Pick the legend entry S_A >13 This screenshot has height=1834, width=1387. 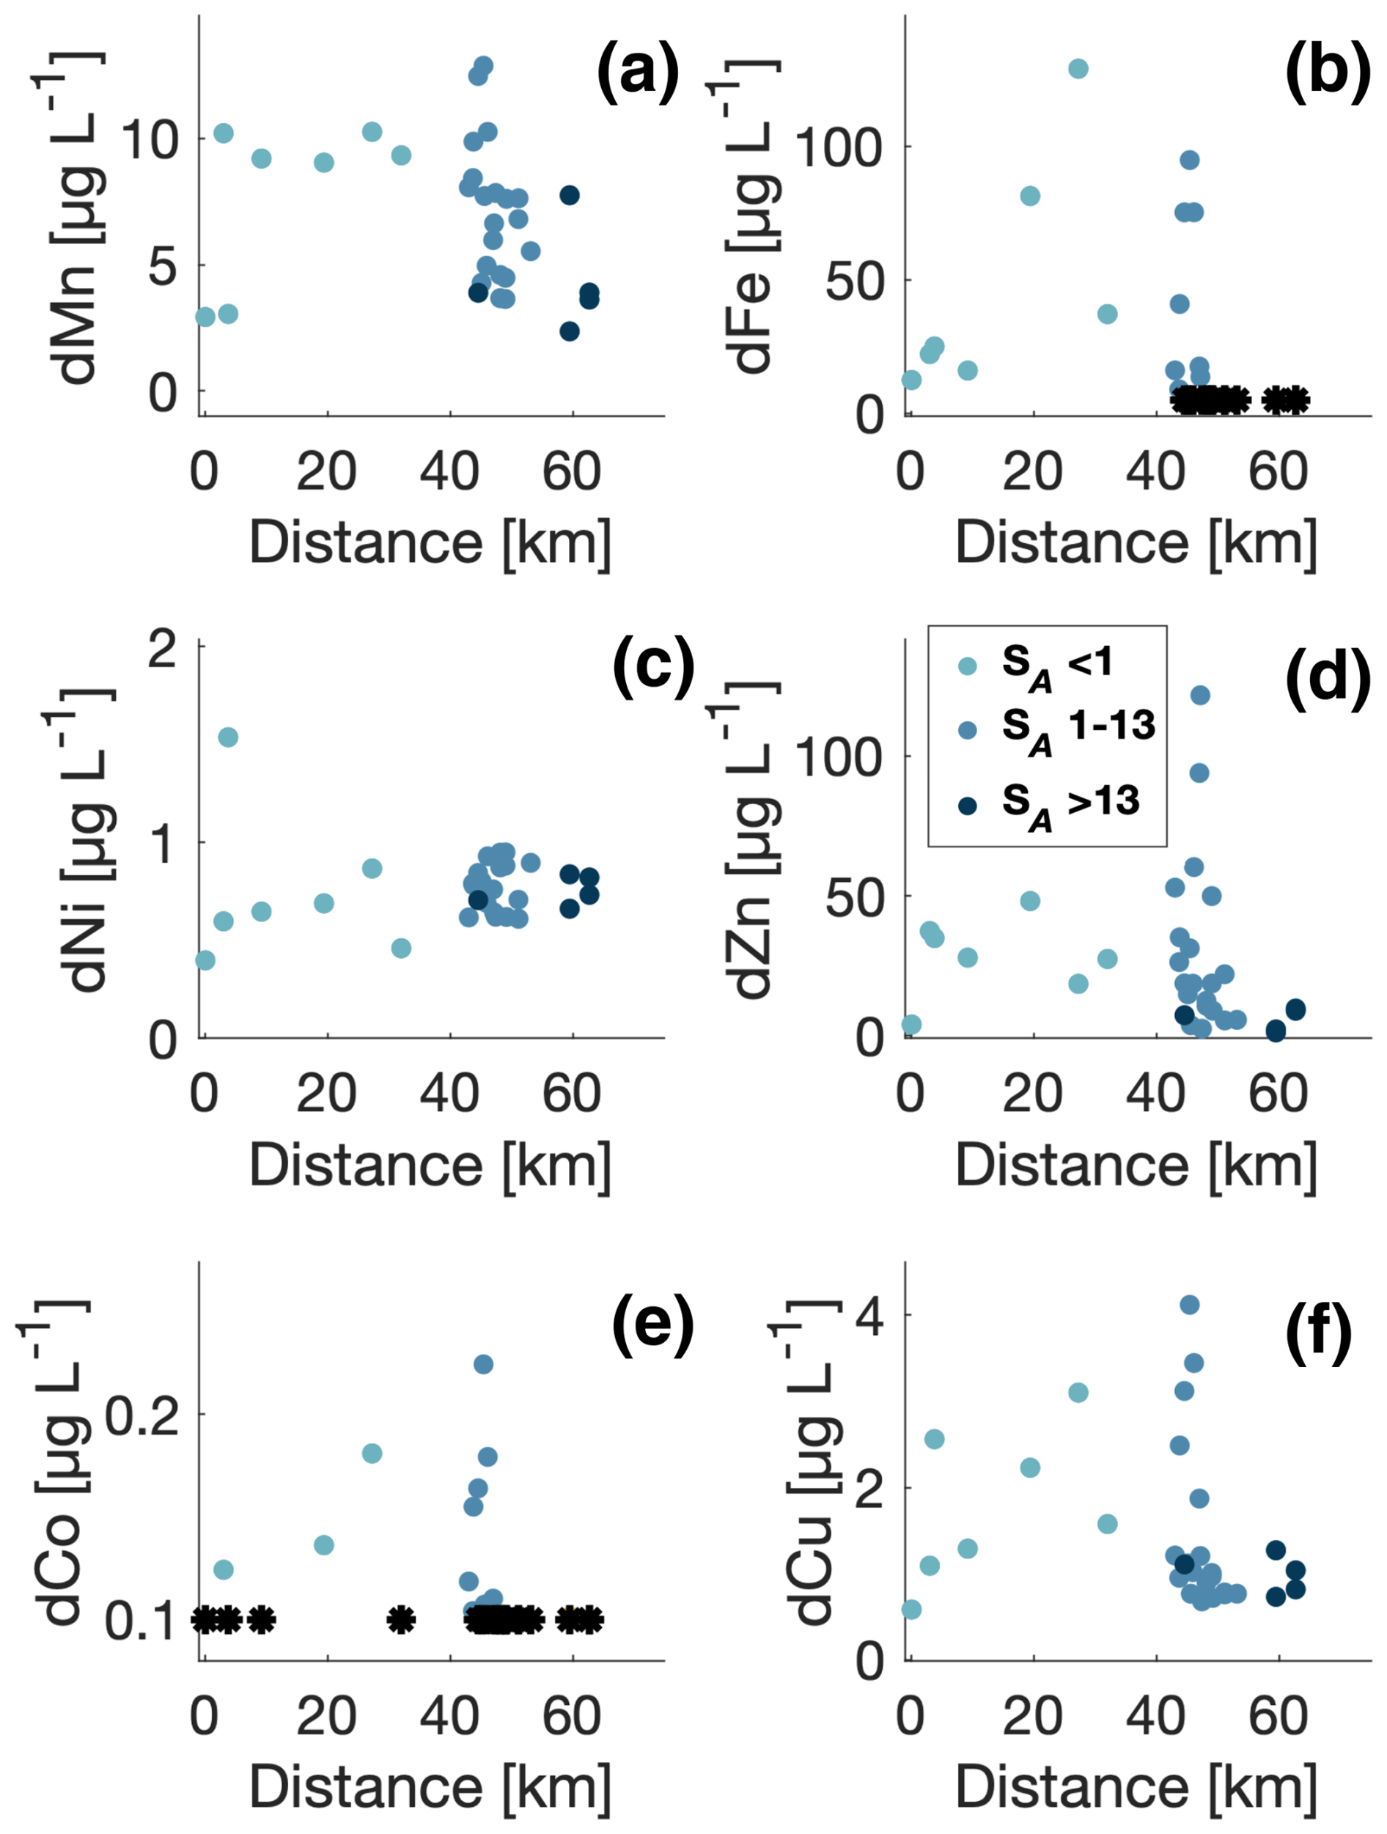tap(1070, 803)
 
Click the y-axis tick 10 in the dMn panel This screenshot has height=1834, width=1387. tap(150, 140)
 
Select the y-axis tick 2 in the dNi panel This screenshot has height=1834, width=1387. tap(162, 647)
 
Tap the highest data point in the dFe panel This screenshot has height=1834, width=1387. tap(1078, 69)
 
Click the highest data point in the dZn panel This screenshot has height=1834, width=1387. tap(1199, 695)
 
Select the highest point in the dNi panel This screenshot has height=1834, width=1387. tap(227, 737)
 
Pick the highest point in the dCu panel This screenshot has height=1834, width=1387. tap(1190, 1305)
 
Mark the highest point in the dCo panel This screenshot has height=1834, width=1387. tap(483, 1364)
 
